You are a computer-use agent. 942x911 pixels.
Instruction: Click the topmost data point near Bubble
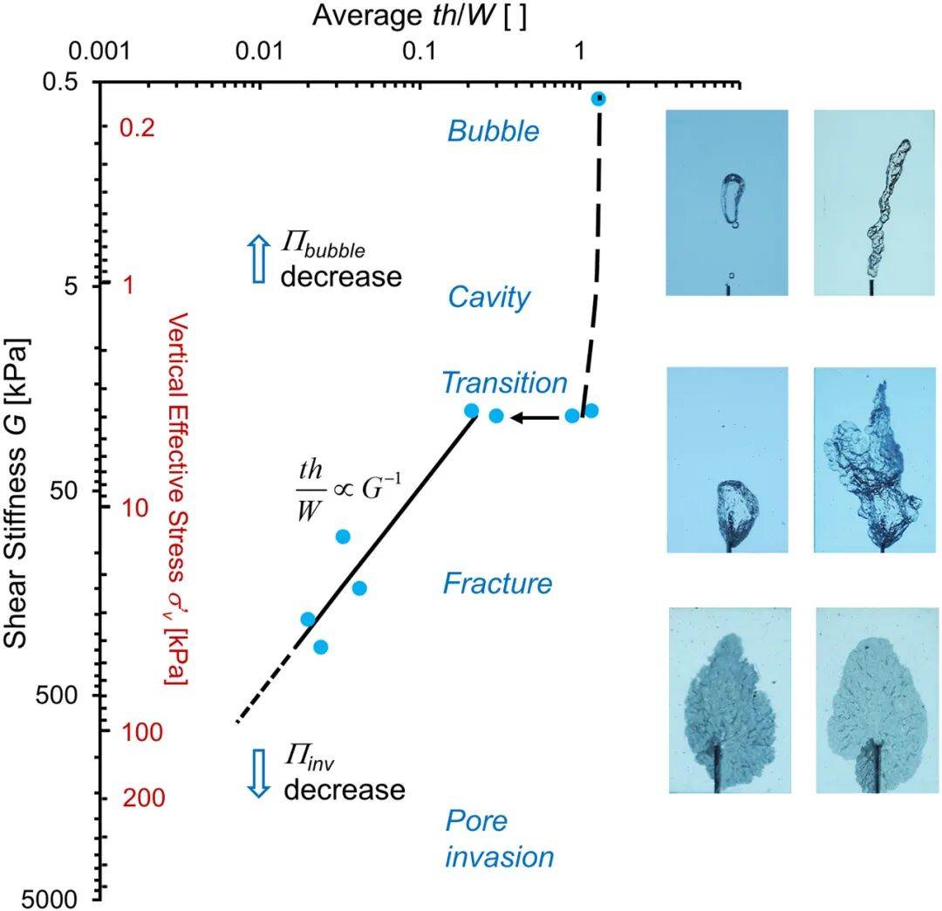[x=598, y=99]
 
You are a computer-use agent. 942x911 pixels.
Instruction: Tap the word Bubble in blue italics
[x=494, y=132]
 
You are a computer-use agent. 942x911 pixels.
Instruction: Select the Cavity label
[x=489, y=298]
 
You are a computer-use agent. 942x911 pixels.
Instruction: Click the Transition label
[x=504, y=383]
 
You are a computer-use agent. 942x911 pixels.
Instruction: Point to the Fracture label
[x=497, y=583]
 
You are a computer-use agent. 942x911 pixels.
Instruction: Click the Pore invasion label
[x=499, y=839]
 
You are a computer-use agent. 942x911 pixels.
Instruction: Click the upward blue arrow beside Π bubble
[x=256, y=260]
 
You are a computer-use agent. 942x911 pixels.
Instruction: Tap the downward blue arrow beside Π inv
[x=256, y=773]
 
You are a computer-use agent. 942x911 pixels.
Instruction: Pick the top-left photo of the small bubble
[x=727, y=202]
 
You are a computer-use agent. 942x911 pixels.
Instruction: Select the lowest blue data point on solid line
[x=320, y=647]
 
